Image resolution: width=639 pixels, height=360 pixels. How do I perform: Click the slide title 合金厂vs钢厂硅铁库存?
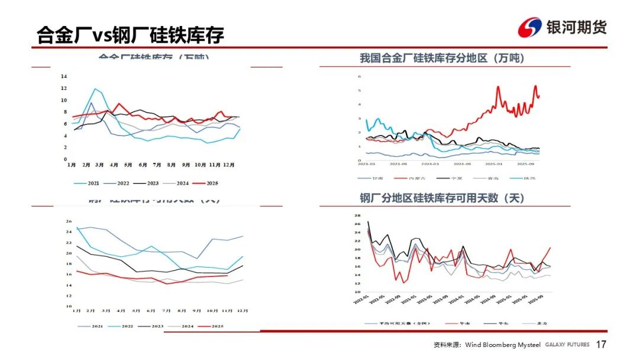130,34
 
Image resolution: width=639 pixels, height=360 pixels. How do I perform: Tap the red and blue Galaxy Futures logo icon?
530,27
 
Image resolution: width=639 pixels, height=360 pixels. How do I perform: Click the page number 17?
601,345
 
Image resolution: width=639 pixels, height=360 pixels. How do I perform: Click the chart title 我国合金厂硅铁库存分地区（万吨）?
442,58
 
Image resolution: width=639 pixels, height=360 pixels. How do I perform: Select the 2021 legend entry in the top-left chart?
88,184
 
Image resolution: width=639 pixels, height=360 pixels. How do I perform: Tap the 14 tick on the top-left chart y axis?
64,76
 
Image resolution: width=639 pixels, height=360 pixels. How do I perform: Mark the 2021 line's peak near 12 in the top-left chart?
95,89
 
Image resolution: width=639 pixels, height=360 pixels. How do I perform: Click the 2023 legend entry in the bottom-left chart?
152,326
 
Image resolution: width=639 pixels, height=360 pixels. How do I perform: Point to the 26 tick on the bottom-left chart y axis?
69,221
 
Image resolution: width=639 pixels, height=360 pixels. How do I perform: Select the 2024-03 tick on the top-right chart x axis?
430,164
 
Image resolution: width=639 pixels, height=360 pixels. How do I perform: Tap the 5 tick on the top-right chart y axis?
359,91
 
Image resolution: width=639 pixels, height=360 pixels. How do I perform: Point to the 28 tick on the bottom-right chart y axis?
357,216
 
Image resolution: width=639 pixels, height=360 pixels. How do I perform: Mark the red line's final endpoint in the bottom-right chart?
550,248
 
